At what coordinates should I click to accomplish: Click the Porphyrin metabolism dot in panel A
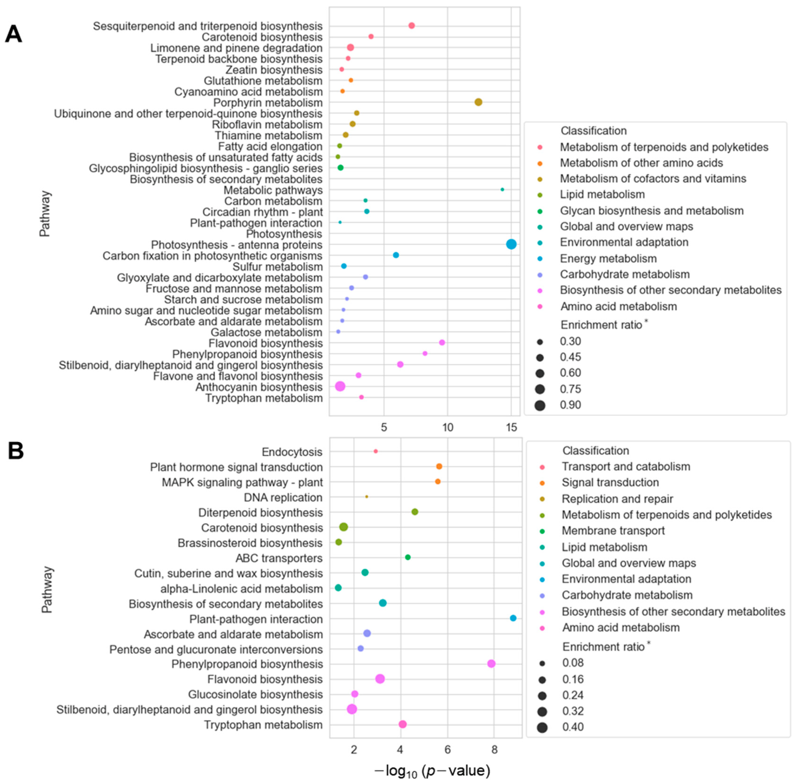478,102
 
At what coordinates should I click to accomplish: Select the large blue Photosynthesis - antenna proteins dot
511,244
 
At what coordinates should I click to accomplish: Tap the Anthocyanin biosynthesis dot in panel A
340,386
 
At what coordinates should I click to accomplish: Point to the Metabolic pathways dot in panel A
502,189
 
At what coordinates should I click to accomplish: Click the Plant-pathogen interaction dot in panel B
513,618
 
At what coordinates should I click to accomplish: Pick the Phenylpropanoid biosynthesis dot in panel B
491,664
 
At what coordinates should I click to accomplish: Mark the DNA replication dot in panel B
367,497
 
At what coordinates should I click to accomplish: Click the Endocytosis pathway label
292,452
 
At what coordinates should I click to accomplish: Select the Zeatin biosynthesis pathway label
274,70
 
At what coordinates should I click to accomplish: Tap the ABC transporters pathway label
279,558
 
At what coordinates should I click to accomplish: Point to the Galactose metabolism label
266,332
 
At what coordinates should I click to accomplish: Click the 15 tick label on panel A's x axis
511,427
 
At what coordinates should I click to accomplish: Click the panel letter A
13,34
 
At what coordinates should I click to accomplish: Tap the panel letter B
15,451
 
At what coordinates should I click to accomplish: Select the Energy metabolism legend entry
608,259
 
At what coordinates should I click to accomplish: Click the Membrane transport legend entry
613,531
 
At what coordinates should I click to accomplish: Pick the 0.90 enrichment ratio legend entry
570,405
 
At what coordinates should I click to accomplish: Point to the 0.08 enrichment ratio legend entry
572,663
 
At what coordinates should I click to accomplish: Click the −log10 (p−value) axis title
432,771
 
